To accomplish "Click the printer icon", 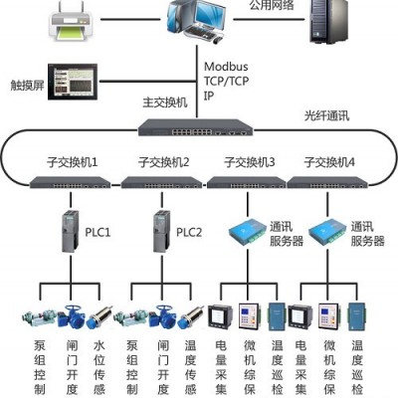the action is pyautogui.click(x=71, y=21).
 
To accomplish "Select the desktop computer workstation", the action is pyautogui.click(x=196, y=21).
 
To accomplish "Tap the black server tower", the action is pyautogui.click(x=329, y=21).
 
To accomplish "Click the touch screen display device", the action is pyautogui.click(x=73, y=82).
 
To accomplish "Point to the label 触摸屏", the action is pyautogui.click(x=27, y=86).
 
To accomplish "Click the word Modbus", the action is pyautogui.click(x=226, y=67).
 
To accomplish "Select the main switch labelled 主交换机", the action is pyautogui.click(x=196, y=127).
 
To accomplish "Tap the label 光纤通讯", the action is pyautogui.click(x=326, y=116).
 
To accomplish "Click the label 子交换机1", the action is pyautogui.click(x=72, y=162).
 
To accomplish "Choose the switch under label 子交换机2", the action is pyautogui.click(x=161, y=182).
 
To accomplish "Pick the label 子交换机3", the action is pyautogui.click(x=250, y=162).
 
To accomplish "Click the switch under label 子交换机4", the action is pyautogui.click(x=327, y=182).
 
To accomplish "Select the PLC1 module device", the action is pyautogui.click(x=71, y=232).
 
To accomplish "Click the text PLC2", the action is pyautogui.click(x=189, y=232).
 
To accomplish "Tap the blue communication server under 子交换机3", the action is pyautogui.click(x=248, y=232).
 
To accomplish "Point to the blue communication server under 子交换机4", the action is pyautogui.click(x=327, y=232).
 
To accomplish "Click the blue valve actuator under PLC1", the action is pyautogui.click(x=71, y=316).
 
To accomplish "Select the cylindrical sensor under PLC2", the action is pyautogui.click(x=190, y=317).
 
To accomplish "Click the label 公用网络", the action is pyautogui.click(x=272, y=5).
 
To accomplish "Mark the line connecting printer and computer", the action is pyautogui.click(x=130, y=19).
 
